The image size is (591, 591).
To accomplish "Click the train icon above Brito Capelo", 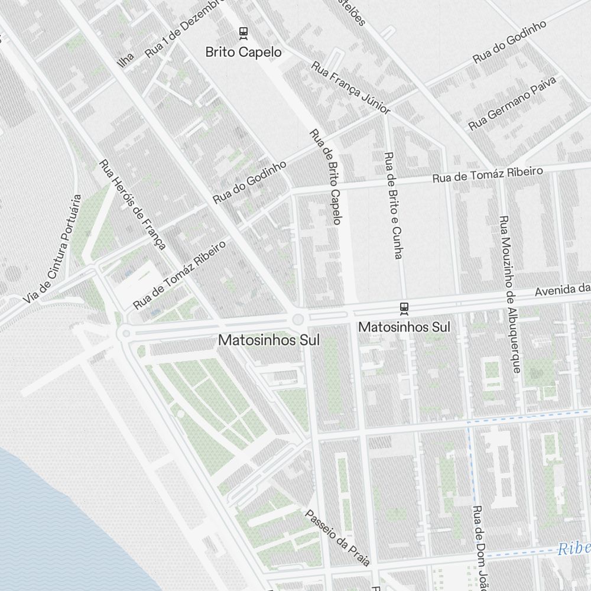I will pos(243,33).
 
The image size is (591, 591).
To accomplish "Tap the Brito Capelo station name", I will pos(243,52).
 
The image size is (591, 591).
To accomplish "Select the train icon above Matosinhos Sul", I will pos(404,307).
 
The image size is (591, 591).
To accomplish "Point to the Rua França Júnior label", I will pos(350,87).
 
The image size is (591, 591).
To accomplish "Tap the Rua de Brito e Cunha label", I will pos(393,205).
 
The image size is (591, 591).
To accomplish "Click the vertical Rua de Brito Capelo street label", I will pos(326,177).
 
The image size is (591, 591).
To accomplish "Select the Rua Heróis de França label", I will pos(132,204).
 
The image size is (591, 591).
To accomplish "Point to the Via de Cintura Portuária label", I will pos(52,249).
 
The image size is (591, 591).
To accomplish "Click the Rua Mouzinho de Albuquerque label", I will pos(510,294).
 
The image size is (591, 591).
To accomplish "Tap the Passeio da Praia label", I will pos(337,537).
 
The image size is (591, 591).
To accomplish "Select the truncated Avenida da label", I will pos(563,290).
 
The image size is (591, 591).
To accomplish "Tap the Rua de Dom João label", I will pos(479,547).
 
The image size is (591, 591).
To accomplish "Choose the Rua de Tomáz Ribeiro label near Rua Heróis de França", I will pos(180,274).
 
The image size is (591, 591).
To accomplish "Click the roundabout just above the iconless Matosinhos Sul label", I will pos(298,320).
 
